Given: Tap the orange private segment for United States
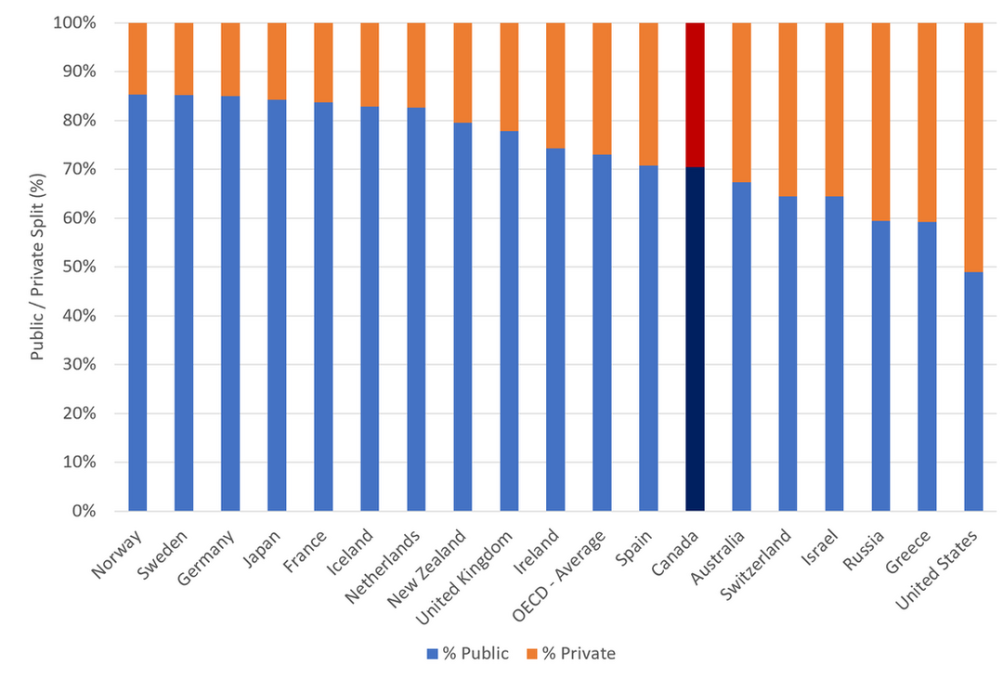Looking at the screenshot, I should coord(973,148).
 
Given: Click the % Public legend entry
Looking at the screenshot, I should coord(468,653).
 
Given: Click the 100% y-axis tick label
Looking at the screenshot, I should coord(74,22).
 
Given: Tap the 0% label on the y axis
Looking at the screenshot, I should coord(84,511).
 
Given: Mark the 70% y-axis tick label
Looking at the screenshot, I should coord(79,169).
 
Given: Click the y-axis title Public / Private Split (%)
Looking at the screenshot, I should coord(37,267).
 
